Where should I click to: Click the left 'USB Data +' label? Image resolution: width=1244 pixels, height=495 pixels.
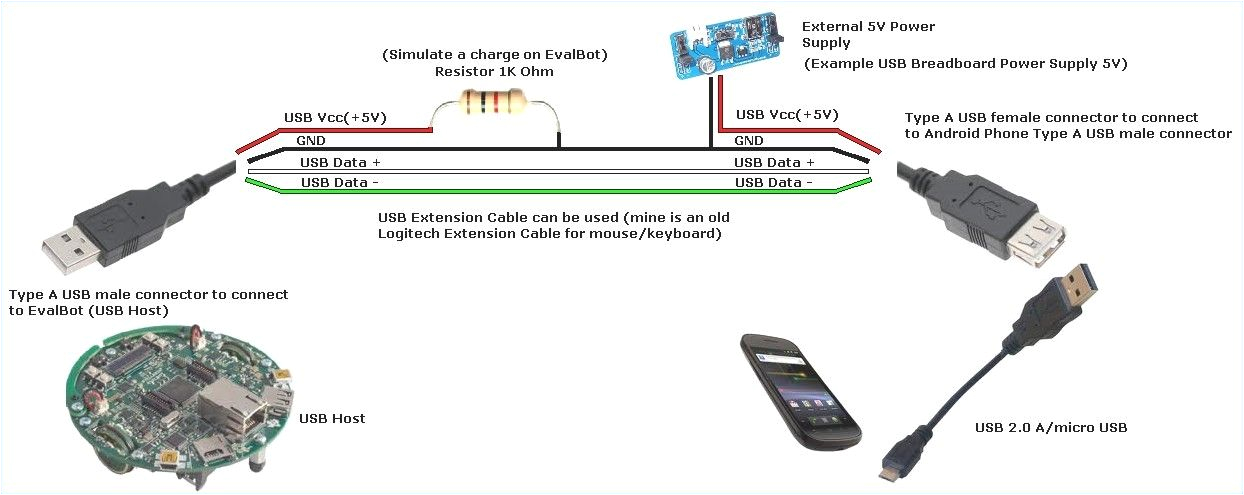(x=340, y=162)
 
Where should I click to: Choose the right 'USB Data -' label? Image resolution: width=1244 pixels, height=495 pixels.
(x=773, y=182)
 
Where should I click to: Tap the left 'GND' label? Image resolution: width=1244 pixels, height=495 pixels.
(x=311, y=142)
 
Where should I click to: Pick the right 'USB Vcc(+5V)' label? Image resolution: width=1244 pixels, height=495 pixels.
(x=786, y=115)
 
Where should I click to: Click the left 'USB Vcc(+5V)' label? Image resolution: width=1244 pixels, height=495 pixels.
(x=335, y=118)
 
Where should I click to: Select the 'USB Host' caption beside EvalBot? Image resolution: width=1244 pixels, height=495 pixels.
(x=332, y=418)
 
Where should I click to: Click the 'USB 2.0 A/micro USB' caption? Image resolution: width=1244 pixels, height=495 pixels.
(x=1051, y=428)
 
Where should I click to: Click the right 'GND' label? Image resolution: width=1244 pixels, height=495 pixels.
(x=749, y=142)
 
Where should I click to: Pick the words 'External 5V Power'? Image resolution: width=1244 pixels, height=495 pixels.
(x=868, y=26)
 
